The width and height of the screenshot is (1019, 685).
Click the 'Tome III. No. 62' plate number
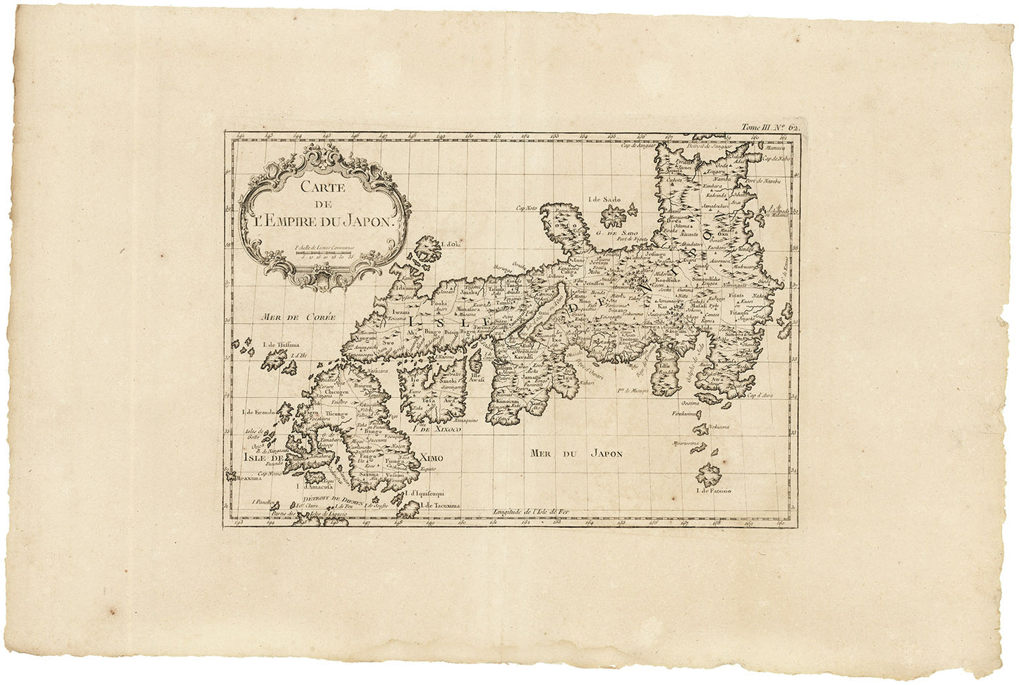tap(769, 128)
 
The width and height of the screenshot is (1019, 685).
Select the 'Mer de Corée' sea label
tap(288, 318)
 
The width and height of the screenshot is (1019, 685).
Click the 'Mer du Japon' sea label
tap(577, 454)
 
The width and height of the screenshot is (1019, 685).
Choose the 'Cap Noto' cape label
tap(526, 208)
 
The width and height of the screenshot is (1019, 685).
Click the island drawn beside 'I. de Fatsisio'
tap(709, 474)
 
